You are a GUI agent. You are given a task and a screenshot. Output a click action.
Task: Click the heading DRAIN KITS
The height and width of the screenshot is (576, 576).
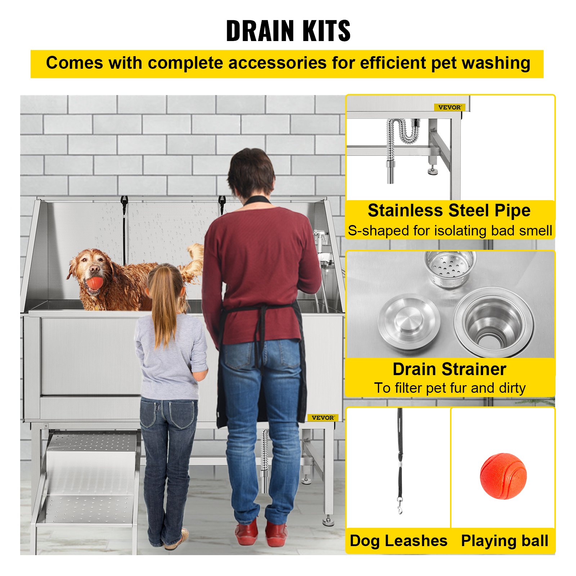tap(288, 31)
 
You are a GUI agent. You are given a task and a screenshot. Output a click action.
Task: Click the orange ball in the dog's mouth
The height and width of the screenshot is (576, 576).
tap(94, 283)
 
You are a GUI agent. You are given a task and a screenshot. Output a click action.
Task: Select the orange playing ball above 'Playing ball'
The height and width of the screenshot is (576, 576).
tap(503, 476)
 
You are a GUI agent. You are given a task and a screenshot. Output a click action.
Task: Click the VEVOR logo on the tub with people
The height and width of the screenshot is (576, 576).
tap(323, 418)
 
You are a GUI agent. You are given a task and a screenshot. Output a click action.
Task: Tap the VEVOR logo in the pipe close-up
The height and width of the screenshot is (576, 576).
tap(450, 107)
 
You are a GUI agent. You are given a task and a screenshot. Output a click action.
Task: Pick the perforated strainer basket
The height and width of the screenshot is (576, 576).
tap(450, 268)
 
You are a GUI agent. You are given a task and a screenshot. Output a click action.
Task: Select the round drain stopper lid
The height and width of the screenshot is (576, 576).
tap(409, 320)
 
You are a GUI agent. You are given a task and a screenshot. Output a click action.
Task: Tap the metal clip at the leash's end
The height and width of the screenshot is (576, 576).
tap(400, 506)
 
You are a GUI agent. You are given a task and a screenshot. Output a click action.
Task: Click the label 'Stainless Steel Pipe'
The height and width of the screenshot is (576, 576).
tap(449, 211)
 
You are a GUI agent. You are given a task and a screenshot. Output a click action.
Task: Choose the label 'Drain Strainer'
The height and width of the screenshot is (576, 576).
tap(449, 369)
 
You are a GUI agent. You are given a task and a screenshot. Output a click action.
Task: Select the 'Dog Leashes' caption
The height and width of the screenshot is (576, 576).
tap(399, 541)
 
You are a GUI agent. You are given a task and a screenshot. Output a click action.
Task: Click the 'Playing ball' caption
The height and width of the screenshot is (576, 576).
tap(505, 541)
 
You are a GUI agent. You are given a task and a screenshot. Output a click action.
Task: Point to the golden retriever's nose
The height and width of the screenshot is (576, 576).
tap(95, 269)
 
